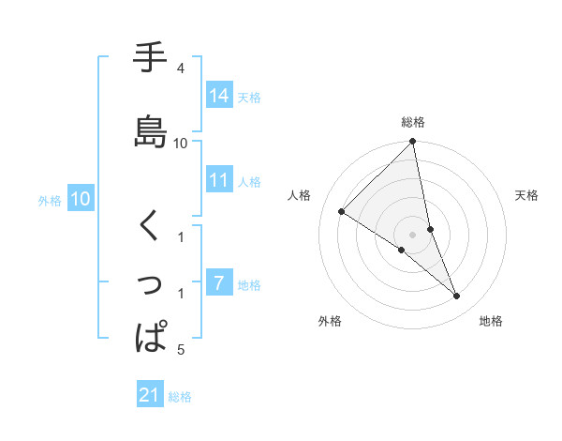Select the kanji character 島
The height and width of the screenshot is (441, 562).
pos(151,130)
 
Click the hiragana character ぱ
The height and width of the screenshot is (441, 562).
pos(151,336)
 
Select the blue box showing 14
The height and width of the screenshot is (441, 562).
pos(219,97)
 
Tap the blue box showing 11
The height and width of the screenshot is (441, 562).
pos(219,181)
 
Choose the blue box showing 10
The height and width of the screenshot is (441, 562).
pos(80,199)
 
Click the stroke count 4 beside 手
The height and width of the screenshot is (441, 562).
pos(180,68)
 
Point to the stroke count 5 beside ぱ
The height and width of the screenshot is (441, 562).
pos(180,351)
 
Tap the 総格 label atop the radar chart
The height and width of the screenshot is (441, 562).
pos(413,122)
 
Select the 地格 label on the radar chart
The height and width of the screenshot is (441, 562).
pos(491,321)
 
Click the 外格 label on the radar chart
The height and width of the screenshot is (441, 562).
pos(330,321)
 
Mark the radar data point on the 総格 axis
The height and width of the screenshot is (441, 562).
pos(413,142)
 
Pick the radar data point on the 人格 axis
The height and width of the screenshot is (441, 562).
pos(342,211)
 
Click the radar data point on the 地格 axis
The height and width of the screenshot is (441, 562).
pos(457,296)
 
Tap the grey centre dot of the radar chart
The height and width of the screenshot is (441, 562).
pos(413,234)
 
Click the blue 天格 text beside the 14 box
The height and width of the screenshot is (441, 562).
pos(249,98)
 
